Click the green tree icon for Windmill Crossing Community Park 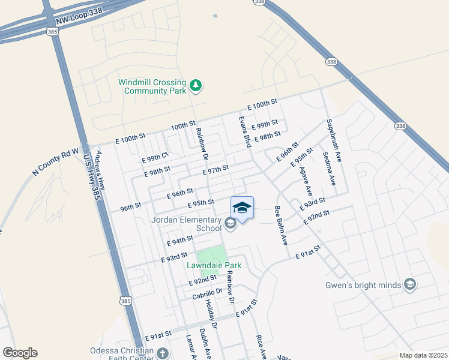[195, 86]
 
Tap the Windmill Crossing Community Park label [152, 86]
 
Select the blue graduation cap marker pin [242, 208]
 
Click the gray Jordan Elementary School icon [230, 224]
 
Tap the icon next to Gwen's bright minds [410, 284]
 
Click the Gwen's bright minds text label [363, 285]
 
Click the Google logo [20, 353]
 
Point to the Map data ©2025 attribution [423, 355]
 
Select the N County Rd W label [56, 163]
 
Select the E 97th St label [216, 171]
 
